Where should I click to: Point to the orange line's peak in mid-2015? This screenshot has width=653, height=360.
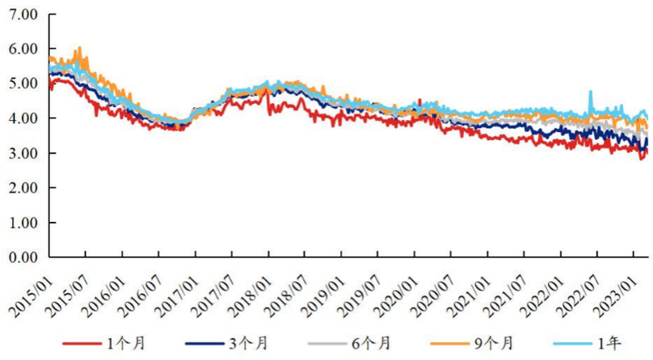click(x=78, y=48)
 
